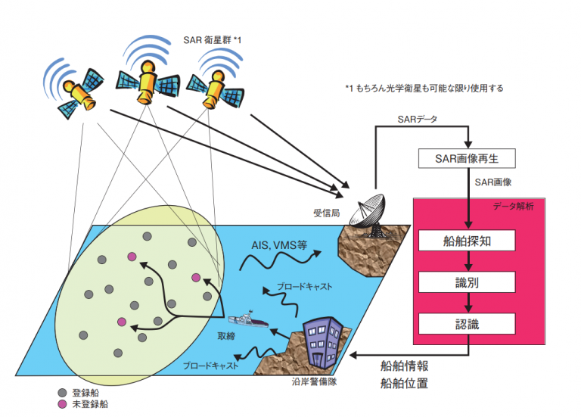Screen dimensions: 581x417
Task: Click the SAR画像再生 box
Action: (x=467, y=159)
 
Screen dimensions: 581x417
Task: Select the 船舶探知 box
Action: (x=467, y=241)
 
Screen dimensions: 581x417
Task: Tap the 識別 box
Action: (x=467, y=282)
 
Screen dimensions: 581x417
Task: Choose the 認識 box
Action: (x=467, y=324)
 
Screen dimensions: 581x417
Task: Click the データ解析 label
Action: (x=513, y=206)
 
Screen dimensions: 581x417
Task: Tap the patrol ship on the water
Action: (x=248, y=319)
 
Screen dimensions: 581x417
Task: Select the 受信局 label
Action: (x=327, y=213)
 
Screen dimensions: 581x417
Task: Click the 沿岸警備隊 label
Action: (x=314, y=381)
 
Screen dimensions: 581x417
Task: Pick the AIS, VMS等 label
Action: (x=279, y=245)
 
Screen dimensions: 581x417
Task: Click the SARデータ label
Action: (x=418, y=119)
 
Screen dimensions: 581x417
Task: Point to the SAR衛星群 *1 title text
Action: (x=213, y=39)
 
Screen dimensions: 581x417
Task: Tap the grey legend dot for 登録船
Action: (x=62, y=393)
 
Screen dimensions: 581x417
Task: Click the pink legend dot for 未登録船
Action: (x=62, y=404)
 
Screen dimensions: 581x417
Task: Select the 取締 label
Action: (x=226, y=336)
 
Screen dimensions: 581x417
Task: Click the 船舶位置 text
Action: (x=404, y=383)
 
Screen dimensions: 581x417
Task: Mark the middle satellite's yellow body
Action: (x=147, y=82)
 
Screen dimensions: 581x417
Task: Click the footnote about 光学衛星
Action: (x=424, y=89)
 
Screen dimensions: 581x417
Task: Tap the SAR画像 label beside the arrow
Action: (x=493, y=182)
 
